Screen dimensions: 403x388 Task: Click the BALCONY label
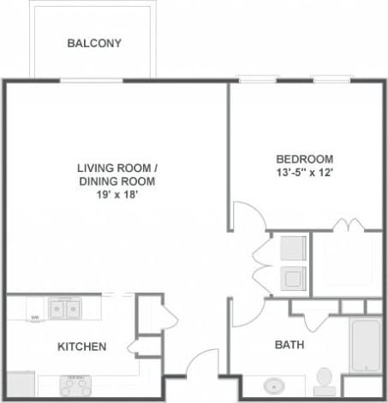[x=94, y=43]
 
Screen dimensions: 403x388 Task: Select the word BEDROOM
[x=304, y=159]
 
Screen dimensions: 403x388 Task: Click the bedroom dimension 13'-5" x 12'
[x=304, y=173]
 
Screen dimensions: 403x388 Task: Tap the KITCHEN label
[x=81, y=347]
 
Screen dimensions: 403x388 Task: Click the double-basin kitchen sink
[x=64, y=307]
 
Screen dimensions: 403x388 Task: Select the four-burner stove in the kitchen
[x=75, y=385]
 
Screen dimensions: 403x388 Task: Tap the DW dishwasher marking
[x=35, y=318]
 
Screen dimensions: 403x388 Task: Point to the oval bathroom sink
[x=276, y=384]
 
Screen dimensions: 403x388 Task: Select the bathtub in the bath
[x=365, y=344]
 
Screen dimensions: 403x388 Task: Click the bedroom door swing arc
[x=246, y=214]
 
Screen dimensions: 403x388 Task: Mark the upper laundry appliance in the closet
[x=294, y=247]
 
